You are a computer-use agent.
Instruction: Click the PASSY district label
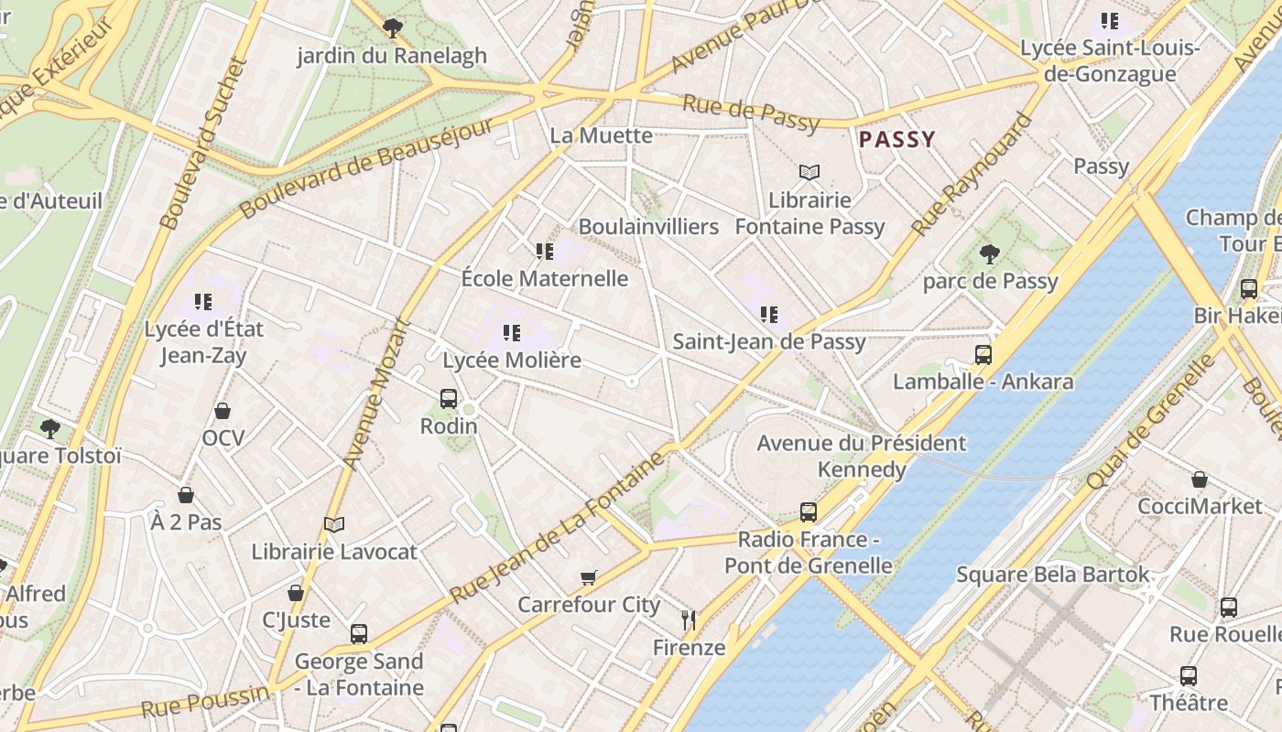tap(896, 140)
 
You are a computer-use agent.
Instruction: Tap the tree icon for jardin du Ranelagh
tap(393, 28)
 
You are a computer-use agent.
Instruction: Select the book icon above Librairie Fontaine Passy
tap(809, 172)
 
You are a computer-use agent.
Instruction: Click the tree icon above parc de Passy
tap(989, 253)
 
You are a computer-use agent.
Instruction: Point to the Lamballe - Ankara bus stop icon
tap(983, 354)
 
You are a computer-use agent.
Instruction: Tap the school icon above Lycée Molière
tap(511, 333)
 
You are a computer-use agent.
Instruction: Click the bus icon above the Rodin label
tap(448, 398)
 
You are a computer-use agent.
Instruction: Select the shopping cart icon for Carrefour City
tap(588, 577)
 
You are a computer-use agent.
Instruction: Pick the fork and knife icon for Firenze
tap(689, 620)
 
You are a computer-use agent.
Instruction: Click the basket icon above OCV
tap(223, 411)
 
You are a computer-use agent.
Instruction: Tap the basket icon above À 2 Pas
tap(186, 495)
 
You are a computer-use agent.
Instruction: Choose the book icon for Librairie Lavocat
tap(334, 524)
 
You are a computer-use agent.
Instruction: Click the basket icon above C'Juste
tap(296, 593)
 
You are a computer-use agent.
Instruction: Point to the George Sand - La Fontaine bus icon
tap(359, 633)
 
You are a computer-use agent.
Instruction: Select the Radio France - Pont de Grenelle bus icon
tap(808, 511)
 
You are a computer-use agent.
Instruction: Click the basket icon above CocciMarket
tap(1199, 479)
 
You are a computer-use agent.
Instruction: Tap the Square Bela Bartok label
tap(1052, 575)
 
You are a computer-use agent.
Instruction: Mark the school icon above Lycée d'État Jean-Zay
tap(203, 301)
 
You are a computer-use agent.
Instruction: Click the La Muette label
tap(601, 135)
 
